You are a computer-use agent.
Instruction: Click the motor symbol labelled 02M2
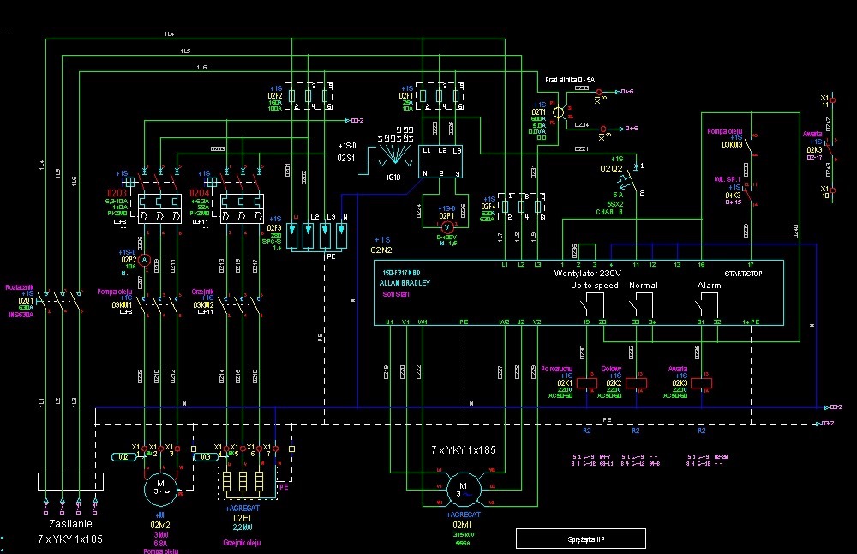(x=160, y=488)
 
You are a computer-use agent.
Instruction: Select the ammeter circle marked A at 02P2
(x=146, y=260)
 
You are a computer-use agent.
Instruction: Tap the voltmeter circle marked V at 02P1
(x=445, y=227)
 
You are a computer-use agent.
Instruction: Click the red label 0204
(x=200, y=193)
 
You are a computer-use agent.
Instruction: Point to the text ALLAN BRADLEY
(x=406, y=282)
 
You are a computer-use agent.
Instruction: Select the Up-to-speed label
(x=595, y=284)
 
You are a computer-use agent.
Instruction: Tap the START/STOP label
(x=742, y=273)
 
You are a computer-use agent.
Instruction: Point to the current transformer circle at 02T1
(x=558, y=111)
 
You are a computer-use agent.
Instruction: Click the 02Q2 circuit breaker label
(x=611, y=169)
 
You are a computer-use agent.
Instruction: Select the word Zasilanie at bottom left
(x=70, y=523)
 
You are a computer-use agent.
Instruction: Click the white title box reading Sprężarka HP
(x=579, y=538)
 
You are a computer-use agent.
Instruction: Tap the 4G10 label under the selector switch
(x=393, y=178)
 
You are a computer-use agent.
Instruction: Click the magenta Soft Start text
(x=396, y=293)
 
